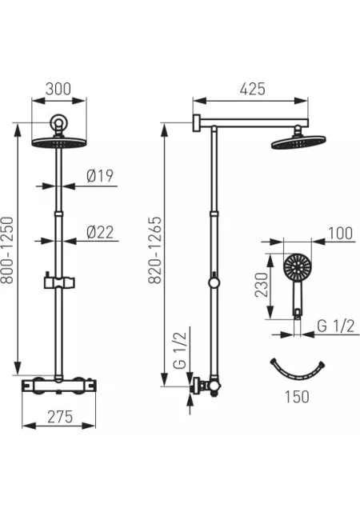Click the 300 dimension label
[x=58, y=89]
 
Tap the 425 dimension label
[x=253, y=89]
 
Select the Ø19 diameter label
[x=100, y=176]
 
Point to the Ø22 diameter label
[x=100, y=232]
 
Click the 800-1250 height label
[x=7, y=250]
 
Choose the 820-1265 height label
[x=155, y=250]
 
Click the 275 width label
[x=60, y=417]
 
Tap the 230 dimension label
[x=262, y=285]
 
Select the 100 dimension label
[x=340, y=233]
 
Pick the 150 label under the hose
[x=297, y=397]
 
